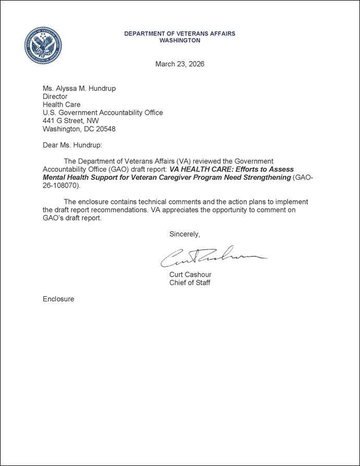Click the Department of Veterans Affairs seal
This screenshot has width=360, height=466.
tap(43, 45)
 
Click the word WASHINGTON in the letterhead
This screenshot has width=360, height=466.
tap(179, 40)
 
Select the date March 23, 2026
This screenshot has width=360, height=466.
tap(180, 64)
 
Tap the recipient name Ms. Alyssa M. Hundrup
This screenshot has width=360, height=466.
tap(79, 88)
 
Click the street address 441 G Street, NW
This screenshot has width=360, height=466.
tap(70, 120)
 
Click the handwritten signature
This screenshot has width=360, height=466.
tap(214, 255)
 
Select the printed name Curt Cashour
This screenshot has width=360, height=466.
tap(190, 275)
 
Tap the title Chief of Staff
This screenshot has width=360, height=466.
tap(190, 283)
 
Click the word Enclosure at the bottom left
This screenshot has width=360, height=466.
tap(58, 299)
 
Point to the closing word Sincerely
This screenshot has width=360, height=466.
tap(184, 234)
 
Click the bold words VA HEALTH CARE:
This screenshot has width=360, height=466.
tap(196, 169)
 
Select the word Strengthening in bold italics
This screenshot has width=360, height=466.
tap(264, 177)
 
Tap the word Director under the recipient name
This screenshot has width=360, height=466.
tap(55, 96)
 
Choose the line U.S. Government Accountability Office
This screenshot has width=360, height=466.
tap(103, 113)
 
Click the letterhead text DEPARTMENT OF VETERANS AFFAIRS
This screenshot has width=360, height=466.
tap(179, 33)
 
